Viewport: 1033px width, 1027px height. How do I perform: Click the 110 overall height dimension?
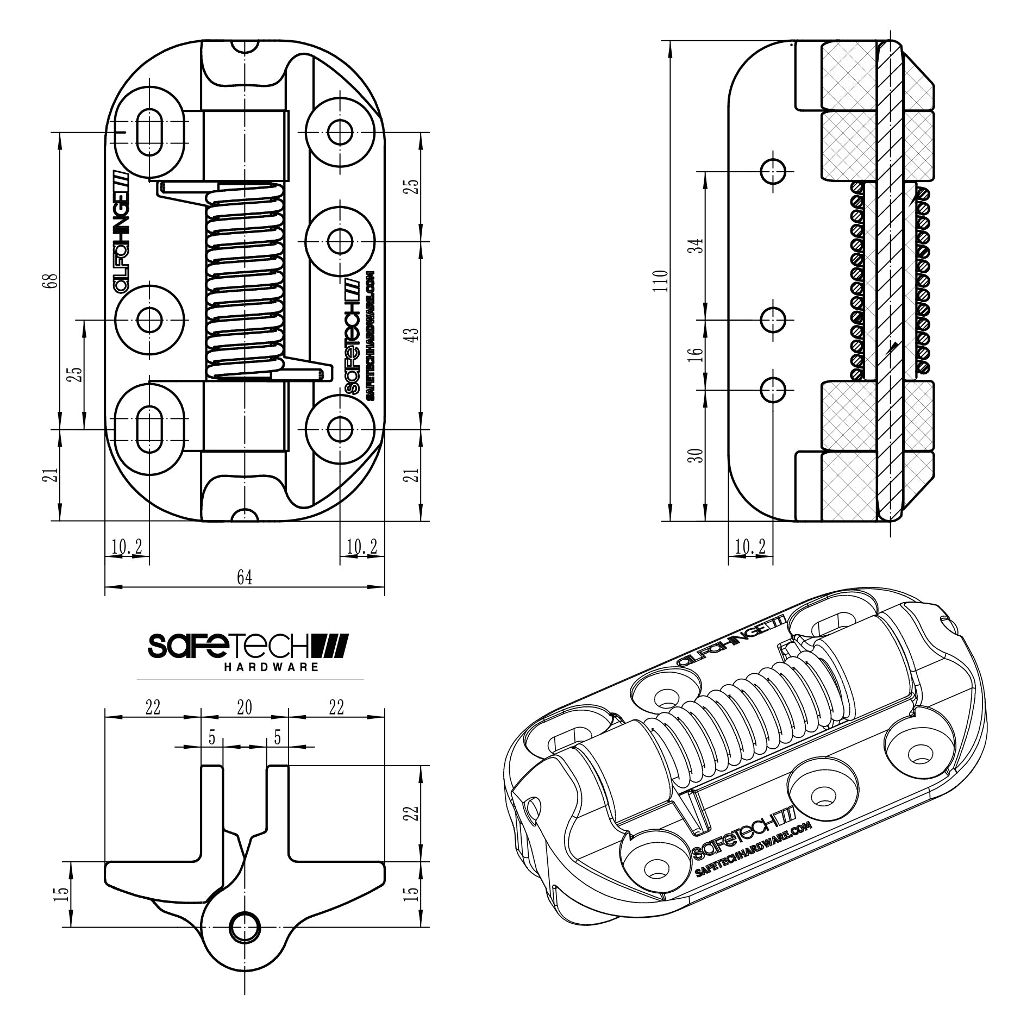(x=661, y=280)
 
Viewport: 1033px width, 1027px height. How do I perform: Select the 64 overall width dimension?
(x=245, y=577)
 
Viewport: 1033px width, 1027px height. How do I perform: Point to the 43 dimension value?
(x=413, y=334)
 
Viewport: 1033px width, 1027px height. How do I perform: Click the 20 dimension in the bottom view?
(x=245, y=707)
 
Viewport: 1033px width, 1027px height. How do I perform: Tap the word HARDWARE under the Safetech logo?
(x=271, y=667)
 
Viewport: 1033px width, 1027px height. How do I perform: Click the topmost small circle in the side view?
(x=773, y=172)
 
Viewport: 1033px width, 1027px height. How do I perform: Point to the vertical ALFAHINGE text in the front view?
(x=121, y=234)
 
